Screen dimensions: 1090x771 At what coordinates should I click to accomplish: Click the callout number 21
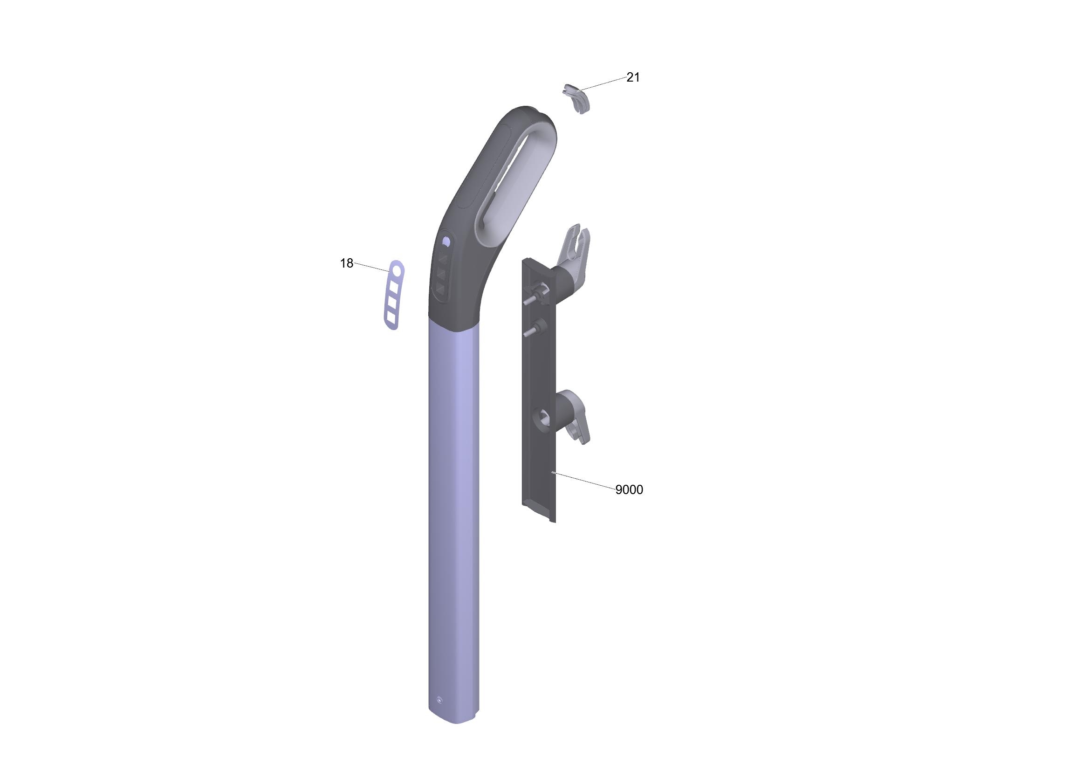click(633, 77)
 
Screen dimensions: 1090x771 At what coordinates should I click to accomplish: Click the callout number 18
click(347, 263)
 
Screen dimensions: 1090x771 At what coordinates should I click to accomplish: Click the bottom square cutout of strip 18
click(391, 317)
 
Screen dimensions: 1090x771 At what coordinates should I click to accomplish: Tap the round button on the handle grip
click(446, 242)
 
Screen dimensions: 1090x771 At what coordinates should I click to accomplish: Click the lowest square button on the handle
click(440, 288)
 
